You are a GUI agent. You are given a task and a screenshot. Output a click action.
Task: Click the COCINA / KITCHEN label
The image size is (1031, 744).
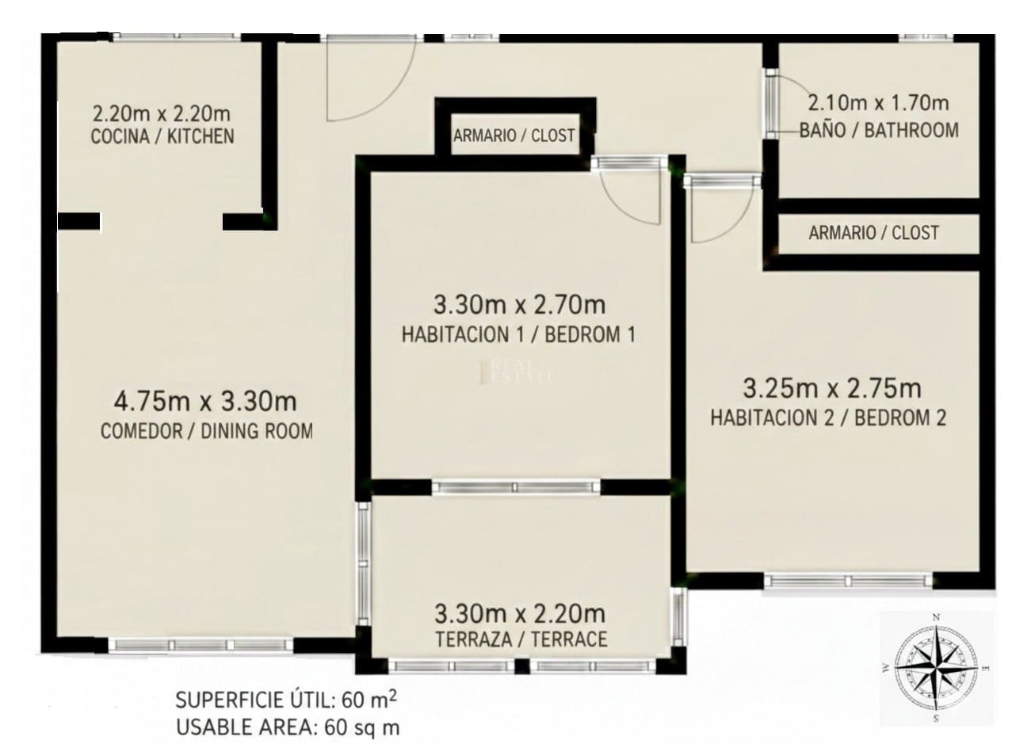pos(162,136)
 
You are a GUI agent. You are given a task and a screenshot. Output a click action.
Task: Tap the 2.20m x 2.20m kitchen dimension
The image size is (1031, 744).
pos(162,113)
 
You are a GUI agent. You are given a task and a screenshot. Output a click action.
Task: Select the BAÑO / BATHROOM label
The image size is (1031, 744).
pos(879,130)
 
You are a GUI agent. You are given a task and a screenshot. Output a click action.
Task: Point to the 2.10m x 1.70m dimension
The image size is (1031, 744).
pos(878,103)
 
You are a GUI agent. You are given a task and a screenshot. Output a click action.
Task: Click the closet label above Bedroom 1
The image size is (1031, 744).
pos(514,135)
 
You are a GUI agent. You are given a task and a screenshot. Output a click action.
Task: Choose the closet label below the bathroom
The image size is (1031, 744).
pos(873,233)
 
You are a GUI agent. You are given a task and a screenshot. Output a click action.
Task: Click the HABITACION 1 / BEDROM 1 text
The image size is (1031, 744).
pos(518,334)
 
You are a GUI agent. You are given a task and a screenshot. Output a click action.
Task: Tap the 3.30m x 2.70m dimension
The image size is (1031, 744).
pos(519,304)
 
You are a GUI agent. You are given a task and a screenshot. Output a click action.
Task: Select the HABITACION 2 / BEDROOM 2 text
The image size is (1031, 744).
pos(828,418)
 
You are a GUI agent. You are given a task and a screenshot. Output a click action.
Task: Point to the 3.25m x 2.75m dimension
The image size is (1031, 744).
pos(831,388)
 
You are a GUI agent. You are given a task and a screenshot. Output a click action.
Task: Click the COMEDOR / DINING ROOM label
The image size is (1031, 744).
pos(206,431)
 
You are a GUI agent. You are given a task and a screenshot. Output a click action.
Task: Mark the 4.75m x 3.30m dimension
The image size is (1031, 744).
pos(205,402)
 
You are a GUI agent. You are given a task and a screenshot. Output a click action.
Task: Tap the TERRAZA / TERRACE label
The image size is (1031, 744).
pos(521,639)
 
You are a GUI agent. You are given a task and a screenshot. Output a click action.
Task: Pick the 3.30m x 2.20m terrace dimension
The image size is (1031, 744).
pos(520,612)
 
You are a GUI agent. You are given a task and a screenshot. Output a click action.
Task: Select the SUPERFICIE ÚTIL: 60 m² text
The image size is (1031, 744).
pos(286,700)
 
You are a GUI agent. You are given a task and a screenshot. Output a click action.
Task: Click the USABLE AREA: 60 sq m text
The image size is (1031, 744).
pos(288,726)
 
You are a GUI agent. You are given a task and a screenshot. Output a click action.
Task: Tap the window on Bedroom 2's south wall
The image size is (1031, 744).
pos(848,581)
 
